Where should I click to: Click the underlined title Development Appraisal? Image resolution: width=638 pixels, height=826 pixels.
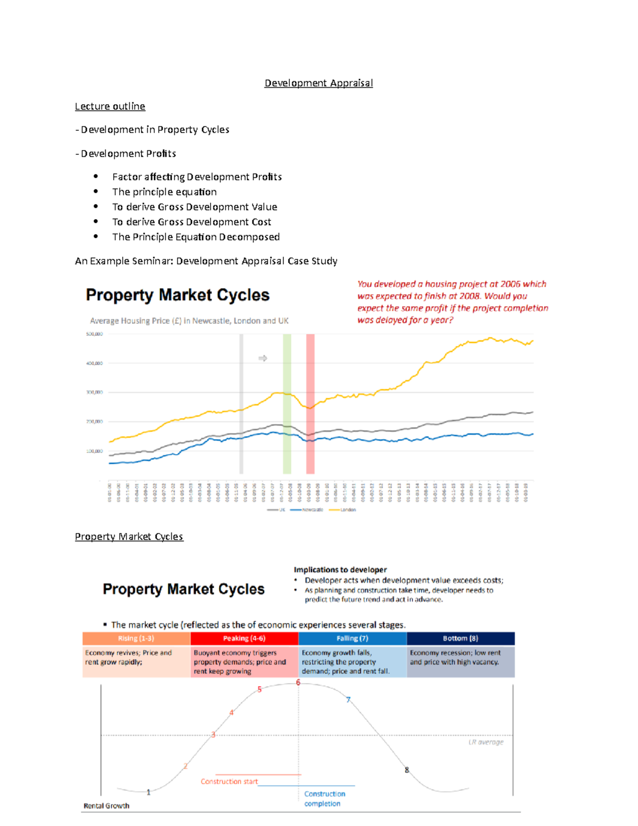[318, 83]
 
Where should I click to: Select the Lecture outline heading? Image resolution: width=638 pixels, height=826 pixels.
[110, 106]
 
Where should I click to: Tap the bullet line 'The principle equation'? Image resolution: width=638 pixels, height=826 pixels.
[164, 192]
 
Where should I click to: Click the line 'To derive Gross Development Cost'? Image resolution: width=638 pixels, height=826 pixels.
[191, 222]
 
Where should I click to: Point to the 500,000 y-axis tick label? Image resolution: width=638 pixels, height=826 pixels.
[94, 334]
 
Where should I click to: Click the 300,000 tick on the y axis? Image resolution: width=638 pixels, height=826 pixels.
[94, 393]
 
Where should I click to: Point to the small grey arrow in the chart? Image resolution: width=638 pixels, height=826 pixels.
[263, 358]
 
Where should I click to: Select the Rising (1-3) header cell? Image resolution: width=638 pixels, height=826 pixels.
[136, 638]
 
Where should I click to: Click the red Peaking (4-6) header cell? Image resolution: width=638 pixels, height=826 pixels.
[244, 638]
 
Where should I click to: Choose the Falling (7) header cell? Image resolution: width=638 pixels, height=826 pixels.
[352, 638]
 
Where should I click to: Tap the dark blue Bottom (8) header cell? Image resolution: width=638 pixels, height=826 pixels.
[460, 638]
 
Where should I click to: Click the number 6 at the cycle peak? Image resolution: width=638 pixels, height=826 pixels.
[298, 682]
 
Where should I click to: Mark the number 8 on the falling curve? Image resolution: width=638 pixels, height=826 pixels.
[407, 770]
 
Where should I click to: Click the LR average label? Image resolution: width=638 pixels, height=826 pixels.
[485, 742]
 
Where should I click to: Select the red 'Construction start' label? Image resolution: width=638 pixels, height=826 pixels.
[229, 781]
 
